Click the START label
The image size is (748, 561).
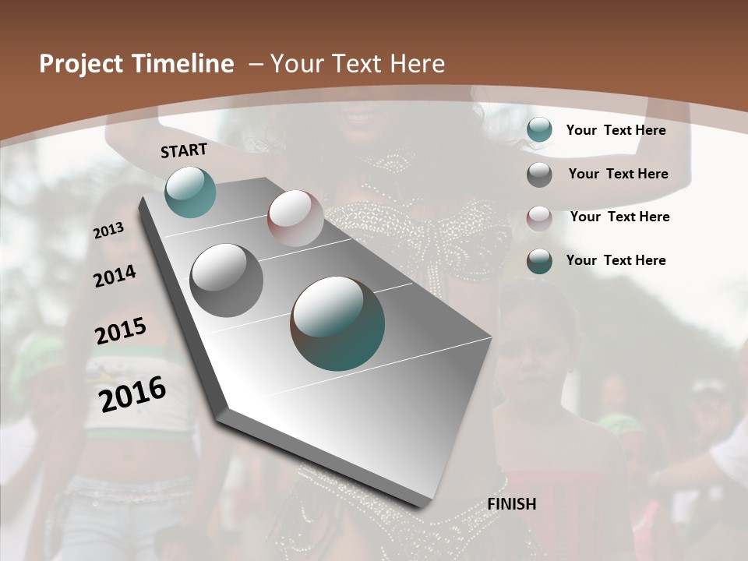pos(184,150)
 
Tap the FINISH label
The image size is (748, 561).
pos(512,504)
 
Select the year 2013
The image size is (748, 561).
pos(109,231)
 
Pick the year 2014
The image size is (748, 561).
pos(115,276)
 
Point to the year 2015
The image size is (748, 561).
pos(121,331)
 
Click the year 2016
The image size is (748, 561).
pos(132,394)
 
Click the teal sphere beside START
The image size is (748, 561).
pos(190,192)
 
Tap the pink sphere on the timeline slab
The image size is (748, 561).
pos(295,218)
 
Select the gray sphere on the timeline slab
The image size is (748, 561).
pos(227,280)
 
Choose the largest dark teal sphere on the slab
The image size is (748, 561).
pos(337,323)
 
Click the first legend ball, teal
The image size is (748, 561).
pos(539,130)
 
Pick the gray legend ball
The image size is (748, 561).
pos(539,175)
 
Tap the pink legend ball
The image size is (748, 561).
pos(539,217)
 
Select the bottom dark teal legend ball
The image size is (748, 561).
pos(539,261)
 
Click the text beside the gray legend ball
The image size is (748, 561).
pos(618,174)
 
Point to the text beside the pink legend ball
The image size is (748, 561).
pos(619,217)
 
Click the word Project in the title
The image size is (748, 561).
pos(82,64)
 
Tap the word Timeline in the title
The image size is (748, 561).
pos(185,64)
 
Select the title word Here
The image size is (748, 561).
pos(417,64)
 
